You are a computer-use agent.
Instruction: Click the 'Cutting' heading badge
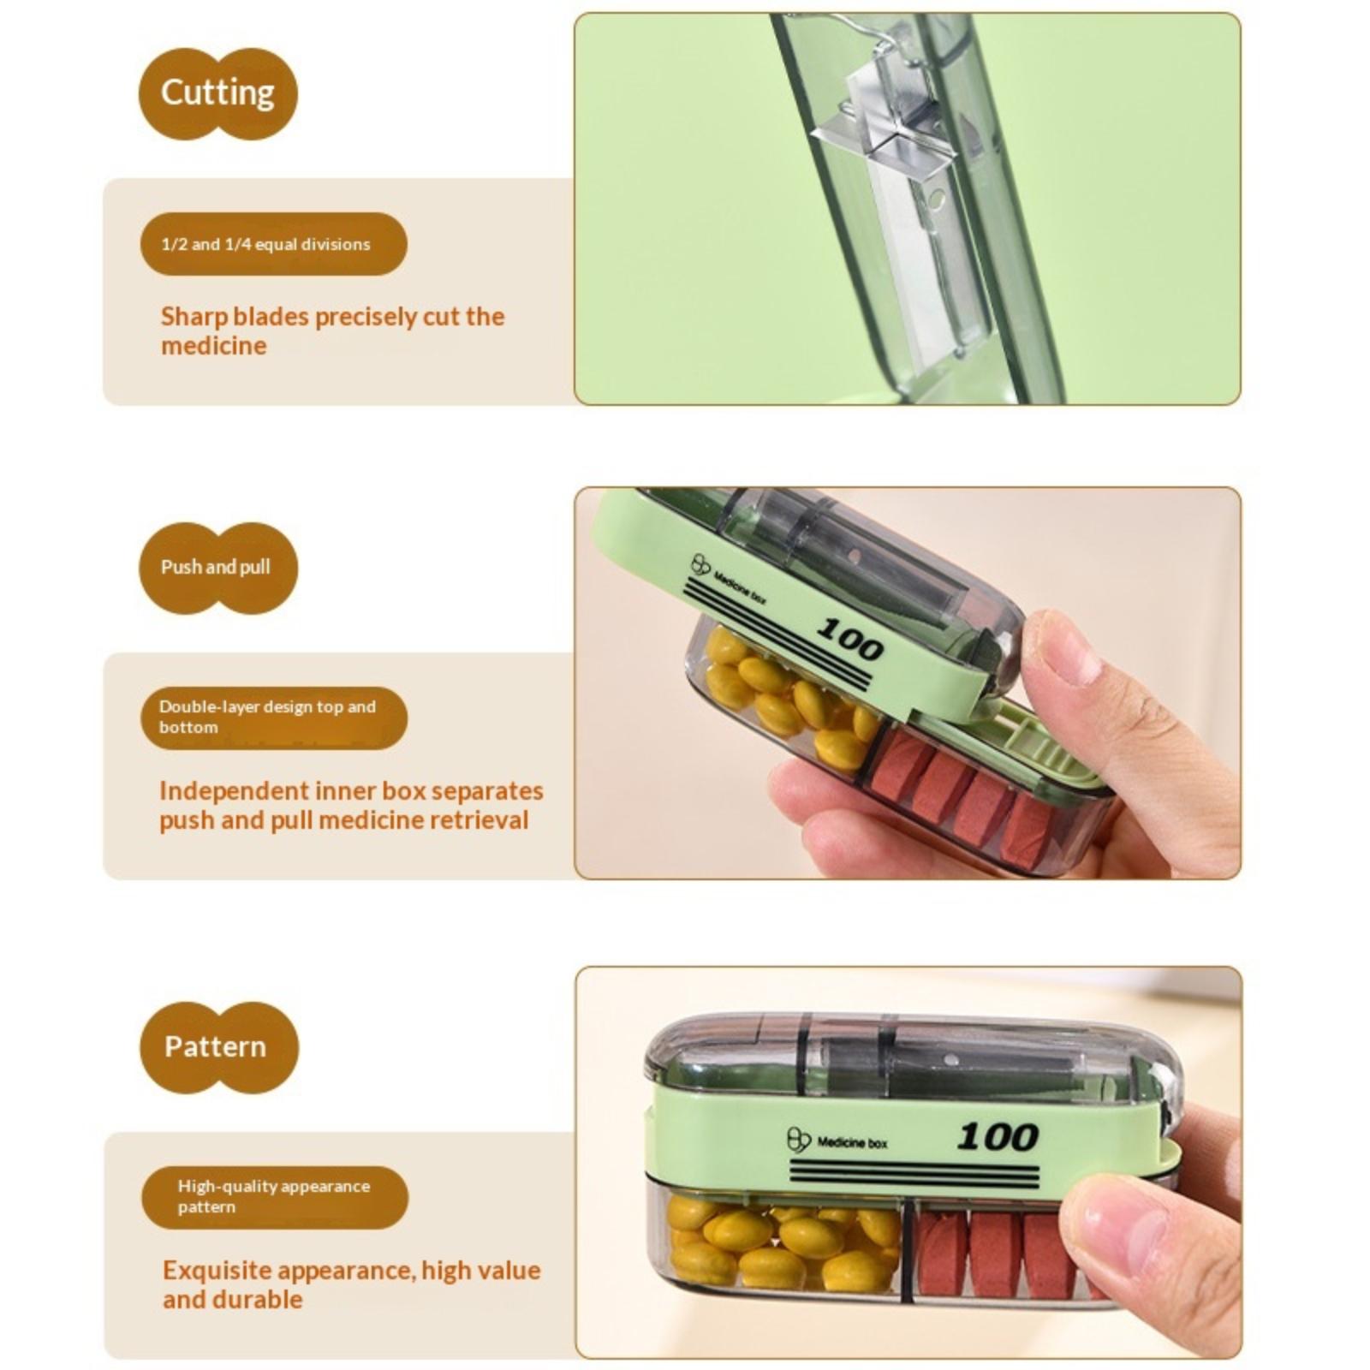[218, 93]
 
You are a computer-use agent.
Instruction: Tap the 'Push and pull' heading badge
[218, 568]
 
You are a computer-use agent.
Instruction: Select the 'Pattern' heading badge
[219, 1047]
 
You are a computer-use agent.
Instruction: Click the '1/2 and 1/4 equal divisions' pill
[273, 244]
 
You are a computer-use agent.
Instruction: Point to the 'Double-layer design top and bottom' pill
[273, 718]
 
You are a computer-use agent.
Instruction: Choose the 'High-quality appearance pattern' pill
[275, 1197]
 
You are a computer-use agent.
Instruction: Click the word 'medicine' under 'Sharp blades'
[214, 346]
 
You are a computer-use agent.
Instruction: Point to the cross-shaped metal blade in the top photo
[886, 154]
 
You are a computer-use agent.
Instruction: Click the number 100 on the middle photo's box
[849, 639]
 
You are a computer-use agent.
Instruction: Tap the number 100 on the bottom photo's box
[998, 1137]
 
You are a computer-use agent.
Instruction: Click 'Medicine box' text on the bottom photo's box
[852, 1142]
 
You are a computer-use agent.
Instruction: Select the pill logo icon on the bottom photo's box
[798, 1140]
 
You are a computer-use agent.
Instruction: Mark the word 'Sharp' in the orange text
[194, 318]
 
